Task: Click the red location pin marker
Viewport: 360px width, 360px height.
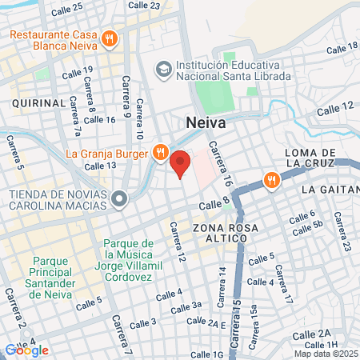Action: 181,164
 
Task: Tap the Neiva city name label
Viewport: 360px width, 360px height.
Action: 206,123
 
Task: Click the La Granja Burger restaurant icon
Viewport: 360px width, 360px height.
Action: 160,151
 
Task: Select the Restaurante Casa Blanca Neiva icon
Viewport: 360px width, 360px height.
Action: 110,37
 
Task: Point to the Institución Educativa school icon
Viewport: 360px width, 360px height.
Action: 164,68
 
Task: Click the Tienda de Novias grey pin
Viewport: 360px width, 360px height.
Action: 119,198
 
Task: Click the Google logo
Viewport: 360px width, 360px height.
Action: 26,350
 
